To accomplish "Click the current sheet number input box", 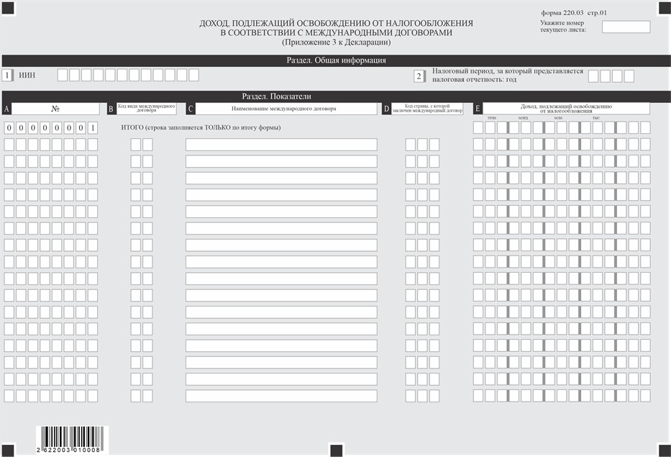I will point(626,27).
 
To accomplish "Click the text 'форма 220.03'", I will point(561,13).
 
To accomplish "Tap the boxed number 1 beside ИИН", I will point(7,75).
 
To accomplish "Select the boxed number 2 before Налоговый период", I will point(419,76).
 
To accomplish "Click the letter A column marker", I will point(6,109).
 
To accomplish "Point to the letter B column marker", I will point(111,109).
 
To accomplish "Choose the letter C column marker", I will point(191,109).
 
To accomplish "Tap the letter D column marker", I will point(387,109).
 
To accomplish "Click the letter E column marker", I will point(478,109).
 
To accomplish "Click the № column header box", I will point(55,109).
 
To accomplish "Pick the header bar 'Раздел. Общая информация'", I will point(336,60).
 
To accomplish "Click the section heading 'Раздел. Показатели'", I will point(280,96).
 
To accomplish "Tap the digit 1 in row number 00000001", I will point(92,128).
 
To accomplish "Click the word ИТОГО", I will point(133,127).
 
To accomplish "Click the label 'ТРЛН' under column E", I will point(491,117).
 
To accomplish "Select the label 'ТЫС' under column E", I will point(595,117).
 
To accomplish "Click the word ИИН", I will point(27,75).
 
